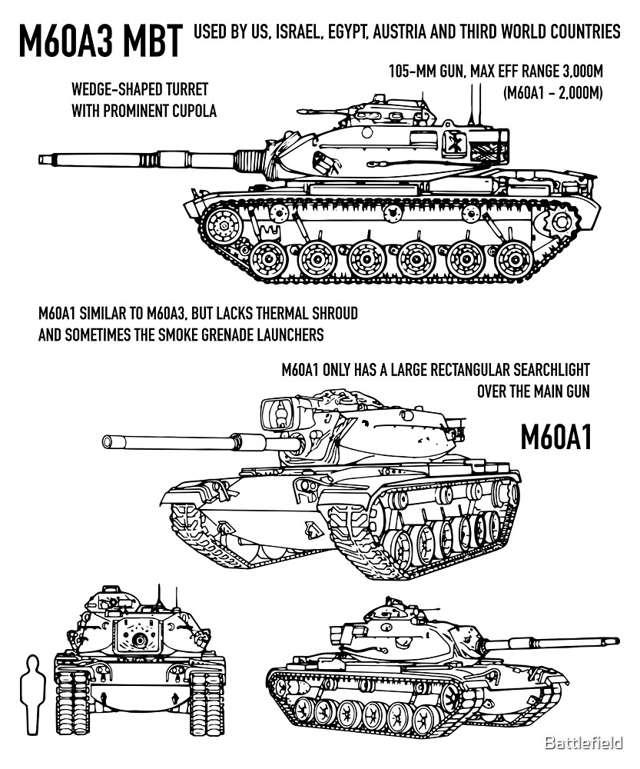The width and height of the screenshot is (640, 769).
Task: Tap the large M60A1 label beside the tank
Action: click(555, 438)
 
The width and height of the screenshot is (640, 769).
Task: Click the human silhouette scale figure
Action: click(32, 693)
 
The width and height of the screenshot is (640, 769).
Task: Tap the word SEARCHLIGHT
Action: click(546, 370)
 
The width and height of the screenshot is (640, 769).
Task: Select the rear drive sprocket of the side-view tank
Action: click(555, 222)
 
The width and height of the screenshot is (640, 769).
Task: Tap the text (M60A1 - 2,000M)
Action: click(552, 93)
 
